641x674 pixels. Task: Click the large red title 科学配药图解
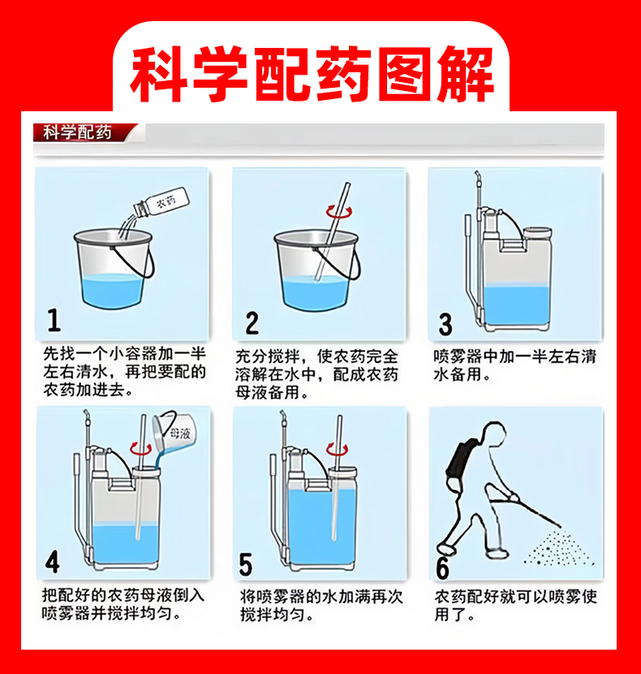312,74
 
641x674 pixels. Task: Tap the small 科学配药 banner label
77,132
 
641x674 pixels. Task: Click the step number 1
54,320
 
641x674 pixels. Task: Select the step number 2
252,323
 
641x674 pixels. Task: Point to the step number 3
445,325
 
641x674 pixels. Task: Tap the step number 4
53,561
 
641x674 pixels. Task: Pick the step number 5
245,564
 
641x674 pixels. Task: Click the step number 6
442,568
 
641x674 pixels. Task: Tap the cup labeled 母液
174,432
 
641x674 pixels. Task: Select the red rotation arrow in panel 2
339,211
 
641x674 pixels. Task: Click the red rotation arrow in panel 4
141,449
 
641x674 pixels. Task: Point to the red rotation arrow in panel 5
337,449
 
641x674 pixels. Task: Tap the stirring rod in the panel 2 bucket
332,232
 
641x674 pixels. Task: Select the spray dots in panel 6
557,548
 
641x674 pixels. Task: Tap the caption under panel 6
515,605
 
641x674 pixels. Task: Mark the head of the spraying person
494,434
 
